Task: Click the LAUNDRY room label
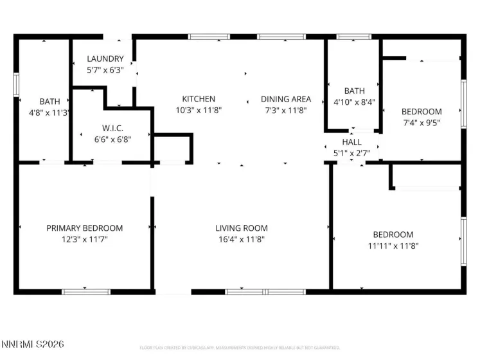[x=105, y=59]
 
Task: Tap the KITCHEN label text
[x=199, y=99]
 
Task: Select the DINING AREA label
[x=285, y=99]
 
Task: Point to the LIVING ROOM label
[x=241, y=228]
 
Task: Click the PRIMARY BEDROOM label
[x=84, y=228]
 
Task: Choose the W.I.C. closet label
[x=112, y=128]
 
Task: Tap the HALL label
[x=351, y=142]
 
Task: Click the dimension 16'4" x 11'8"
[x=241, y=239]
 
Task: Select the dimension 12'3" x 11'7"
[x=84, y=239]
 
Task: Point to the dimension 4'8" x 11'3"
[x=50, y=112]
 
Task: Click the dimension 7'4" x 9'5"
[x=422, y=122]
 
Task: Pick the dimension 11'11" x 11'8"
[x=393, y=246]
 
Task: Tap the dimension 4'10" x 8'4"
[x=354, y=102]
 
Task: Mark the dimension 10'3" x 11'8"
[x=199, y=110]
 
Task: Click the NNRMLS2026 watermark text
[x=33, y=345]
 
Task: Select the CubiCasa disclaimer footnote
[x=240, y=348]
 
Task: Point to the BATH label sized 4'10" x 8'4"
[x=354, y=91]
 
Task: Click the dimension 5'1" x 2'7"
[x=351, y=153]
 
